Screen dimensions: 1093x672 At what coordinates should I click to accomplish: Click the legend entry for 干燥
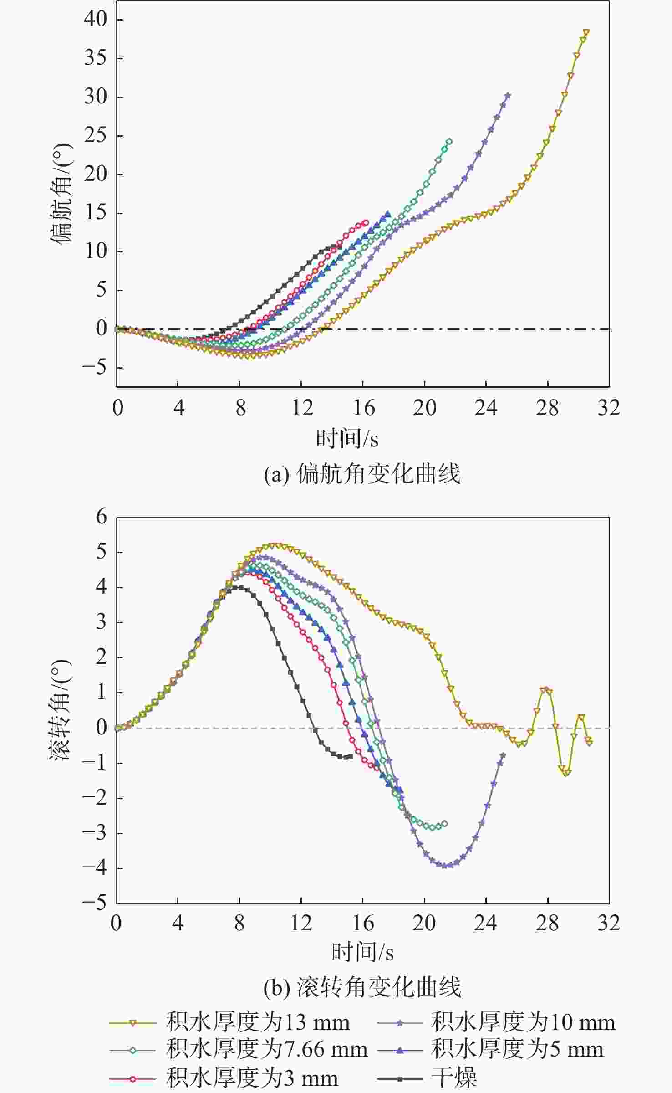[x=453, y=1078]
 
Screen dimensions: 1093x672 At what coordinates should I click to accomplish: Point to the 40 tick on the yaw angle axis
[x=95, y=19]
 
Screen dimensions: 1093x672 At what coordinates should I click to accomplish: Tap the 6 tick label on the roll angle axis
[x=101, y=517]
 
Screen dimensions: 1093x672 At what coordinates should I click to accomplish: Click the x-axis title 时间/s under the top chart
[x=347, y=438]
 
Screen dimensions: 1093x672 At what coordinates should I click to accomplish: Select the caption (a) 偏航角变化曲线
[x=362, y=474]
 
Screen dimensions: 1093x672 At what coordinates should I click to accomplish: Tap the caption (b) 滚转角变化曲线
[x=362, y=987]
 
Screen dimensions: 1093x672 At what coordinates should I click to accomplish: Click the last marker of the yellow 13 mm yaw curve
[x=586, y=32]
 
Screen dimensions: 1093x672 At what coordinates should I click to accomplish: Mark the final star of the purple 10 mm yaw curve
[x=508, y=95]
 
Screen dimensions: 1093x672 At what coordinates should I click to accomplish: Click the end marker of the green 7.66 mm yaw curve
[x=449, y=142]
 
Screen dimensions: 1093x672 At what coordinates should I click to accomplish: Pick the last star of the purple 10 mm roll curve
[x=503, y=755]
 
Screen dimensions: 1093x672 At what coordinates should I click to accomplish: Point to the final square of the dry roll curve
[x=351, y=756]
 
